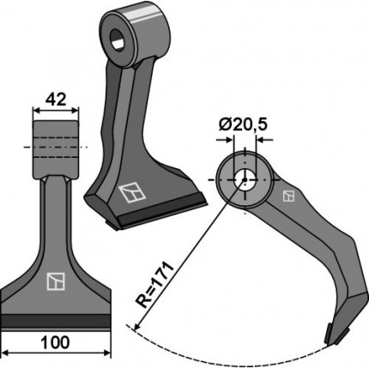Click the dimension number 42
pos(56,100)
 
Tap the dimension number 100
pos(56,342)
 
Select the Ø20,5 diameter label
pos(243,125)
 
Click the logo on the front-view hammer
pos(56,281)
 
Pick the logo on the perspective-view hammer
pos(132,193)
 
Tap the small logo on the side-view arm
pos(288,196)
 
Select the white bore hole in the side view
pos(245,179)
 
